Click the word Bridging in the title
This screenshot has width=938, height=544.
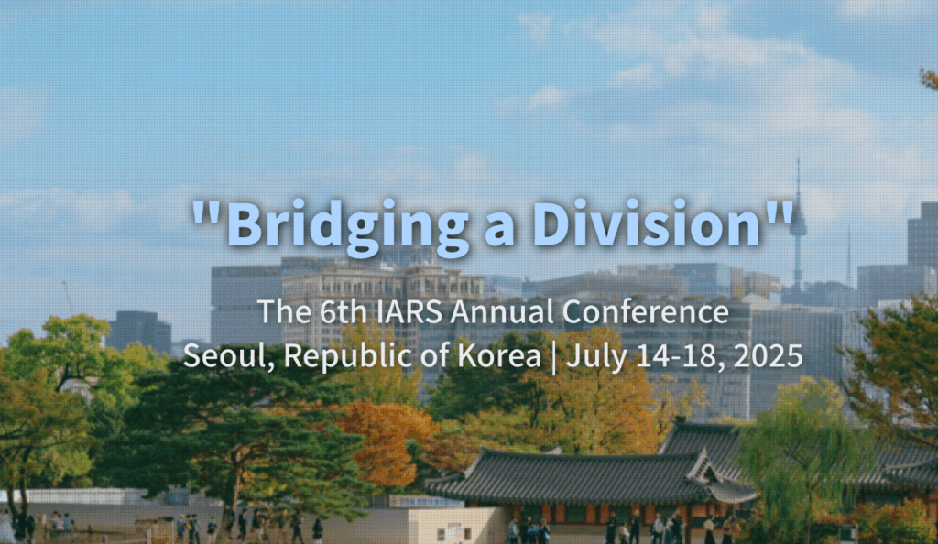[x=347, y=226]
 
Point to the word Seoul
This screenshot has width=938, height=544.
[x=228, y=355]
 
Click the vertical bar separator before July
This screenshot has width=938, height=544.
[x=553, y=357]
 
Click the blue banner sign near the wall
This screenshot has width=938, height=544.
[x=426, y=501]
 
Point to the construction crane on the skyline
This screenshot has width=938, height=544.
[x=68, y=297]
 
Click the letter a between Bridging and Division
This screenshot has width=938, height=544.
[x=500, y=232]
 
